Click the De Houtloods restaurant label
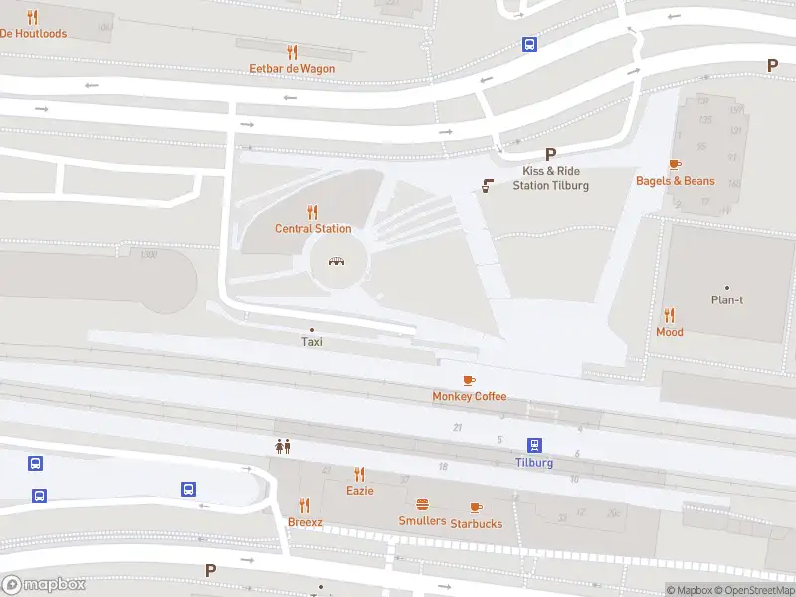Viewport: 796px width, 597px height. (33, 33)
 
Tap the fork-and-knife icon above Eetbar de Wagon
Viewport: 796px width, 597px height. (292, 51)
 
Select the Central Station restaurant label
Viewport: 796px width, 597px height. (312, 229)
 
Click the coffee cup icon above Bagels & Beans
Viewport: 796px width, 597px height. (675, 164)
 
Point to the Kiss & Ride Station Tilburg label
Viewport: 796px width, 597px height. (550, 178)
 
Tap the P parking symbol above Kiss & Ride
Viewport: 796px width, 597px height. (550, 154)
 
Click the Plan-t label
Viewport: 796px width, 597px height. (726, 300)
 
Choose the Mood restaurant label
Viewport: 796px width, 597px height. (670, 332)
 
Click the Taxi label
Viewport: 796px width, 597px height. (312, 342)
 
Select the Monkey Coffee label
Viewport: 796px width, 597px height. (469, 396)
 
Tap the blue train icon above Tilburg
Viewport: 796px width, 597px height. (534, 445)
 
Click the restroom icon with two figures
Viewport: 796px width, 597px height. (283, 447)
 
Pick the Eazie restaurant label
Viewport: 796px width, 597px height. (359, 491)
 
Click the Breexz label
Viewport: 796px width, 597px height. (304, 522)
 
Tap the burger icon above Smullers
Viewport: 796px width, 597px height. (422, 504)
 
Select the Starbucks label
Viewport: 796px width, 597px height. (476, 523)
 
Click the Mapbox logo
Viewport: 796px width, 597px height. (44, 584)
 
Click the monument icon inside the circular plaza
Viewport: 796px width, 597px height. (338, 261)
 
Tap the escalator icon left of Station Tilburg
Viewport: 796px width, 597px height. (488, 185)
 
